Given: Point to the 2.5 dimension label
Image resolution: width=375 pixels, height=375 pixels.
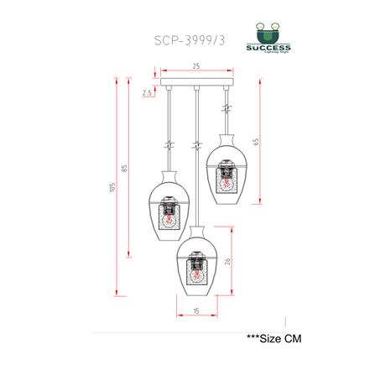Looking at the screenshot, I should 148,93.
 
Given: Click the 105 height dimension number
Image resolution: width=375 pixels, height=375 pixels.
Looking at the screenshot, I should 112,187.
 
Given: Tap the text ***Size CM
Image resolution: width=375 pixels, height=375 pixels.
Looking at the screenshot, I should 273,339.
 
